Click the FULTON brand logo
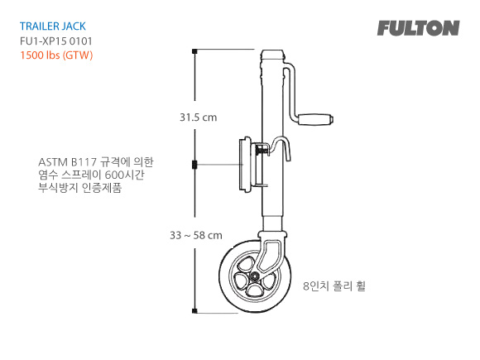point(418,28)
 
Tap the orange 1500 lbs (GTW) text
point(56,55)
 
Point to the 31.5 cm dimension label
point(198,118)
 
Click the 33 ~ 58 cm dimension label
point(195,235)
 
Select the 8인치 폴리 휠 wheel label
point(334,286)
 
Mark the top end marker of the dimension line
point(194,51)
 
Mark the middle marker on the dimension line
point(194,164)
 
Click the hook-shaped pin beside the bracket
point(286,149)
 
